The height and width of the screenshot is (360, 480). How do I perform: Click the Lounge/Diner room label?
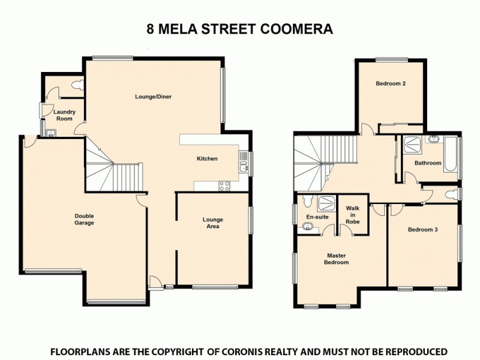[x=158, y=97]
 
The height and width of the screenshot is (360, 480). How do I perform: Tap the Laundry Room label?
[x=63, y=115]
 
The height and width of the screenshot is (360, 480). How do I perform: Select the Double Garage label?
[x=84, y=220]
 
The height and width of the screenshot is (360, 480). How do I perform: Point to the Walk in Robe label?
[x=352, y=214]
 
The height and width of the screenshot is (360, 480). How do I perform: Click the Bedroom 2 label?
[x=391, y=83]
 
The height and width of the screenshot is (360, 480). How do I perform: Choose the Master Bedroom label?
[x=336, y=259]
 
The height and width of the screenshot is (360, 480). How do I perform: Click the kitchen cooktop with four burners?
[x=224, y=186]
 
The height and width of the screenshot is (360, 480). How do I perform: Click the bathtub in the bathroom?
[x=451, y=154]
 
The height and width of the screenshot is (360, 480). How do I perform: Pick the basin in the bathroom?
[x=433, y=139]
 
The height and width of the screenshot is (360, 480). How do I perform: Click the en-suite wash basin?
[x=308, y=227]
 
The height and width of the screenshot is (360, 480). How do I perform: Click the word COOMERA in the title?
[x=300, y=28]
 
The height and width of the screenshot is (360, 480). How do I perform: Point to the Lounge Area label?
[x=213, y=223]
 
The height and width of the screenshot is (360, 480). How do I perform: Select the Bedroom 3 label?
[x=422, y=229]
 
